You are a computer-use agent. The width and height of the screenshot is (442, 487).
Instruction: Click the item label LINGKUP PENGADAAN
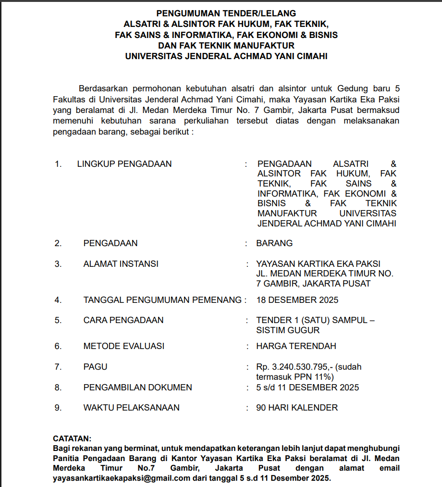pyautogui.click(x=124, y=164)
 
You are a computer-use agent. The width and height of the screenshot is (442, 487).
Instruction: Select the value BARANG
pyautogui.click(x=274, y=243)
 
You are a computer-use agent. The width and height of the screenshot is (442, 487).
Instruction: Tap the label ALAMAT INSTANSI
pyautogui.click(x=121, y=264)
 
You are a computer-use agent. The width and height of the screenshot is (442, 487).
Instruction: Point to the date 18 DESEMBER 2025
pyautogui.click(x=297, y=300)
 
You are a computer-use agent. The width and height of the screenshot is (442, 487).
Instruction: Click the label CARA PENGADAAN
pyautogui.click(x=123, y=320)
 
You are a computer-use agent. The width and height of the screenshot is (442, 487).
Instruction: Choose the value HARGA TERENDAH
pyautogui.click(x=296, y=346)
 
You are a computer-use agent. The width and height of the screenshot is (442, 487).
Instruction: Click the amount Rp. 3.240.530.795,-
pyautogui.click(x=295, y=367)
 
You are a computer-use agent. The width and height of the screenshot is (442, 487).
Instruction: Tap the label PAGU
pyautogui.click(x=95, y=367)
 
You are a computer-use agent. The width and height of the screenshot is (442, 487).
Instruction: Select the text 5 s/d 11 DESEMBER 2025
pyautogui.click(x=307, y=387)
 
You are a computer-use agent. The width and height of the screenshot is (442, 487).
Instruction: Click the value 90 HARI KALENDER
pyautogui.click(x=297, y=408)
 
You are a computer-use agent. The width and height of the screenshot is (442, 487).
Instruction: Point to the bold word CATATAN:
pyautogui.click(x=72, y=439)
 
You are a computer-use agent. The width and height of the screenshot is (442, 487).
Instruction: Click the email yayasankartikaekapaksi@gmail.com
pyautogui.click(x=122, y=479)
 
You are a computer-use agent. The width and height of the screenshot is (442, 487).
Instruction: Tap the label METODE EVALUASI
pyautogui.click(x=123, y=346)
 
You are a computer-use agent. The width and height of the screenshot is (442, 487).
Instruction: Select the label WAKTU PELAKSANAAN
pyautogui.click(x=131, y=408)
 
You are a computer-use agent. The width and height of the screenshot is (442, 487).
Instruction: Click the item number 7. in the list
pyautogui.click(x=58, y=367)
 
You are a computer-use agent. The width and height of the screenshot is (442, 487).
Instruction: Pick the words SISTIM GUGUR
pyautogui.click(x=288, y=330)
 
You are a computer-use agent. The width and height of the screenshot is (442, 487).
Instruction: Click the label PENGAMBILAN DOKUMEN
pyautogui.click(x=137, y=387)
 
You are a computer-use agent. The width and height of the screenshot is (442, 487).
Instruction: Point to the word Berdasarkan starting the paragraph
pyautogui.click(x=101, y=89)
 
